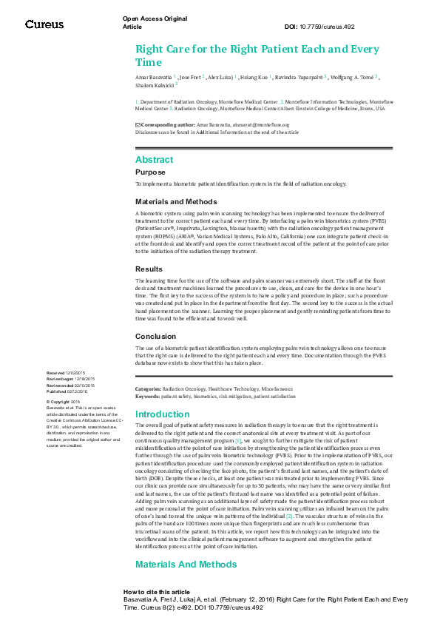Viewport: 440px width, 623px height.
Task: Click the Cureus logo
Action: coord(44,24)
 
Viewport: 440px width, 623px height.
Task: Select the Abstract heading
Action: coord(154,160)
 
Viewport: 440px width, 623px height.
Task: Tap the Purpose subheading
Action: coord(151,172)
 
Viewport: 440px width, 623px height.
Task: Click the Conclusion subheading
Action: coord(155,335)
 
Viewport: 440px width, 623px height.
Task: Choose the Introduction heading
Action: coord(163,414)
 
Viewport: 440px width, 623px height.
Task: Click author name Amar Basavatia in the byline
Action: coord(153,76)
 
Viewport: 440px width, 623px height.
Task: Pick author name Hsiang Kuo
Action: coord(255,76)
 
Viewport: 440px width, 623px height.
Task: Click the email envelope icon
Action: coord(138,125)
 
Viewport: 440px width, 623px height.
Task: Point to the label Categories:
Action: coord(147,388)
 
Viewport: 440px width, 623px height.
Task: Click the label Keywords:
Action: coord(146,397)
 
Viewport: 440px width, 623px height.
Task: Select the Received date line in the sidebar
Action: coord(67,373)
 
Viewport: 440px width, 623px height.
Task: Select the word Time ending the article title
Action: coord(148,63)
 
